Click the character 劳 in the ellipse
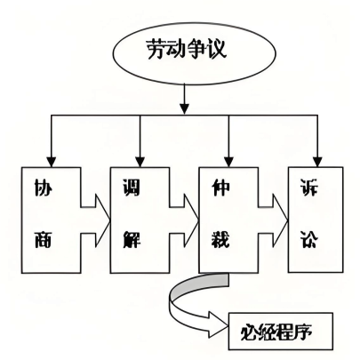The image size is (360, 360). point(156,49)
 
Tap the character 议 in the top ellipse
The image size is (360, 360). point(217,49)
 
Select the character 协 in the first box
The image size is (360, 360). point(43,188)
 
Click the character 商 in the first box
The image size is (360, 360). point(43,238)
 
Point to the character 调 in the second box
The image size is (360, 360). point(132,188)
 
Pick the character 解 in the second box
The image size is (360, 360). point(132,238)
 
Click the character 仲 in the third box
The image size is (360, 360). point(220,188)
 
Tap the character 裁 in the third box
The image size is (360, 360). point(220,238)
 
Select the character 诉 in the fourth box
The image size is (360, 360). point(309,188)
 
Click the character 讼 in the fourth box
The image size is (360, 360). point(309,238)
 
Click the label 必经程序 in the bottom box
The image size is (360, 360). point(276,332)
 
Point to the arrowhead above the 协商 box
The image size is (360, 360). point(52,162)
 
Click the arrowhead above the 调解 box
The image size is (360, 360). point(140,162)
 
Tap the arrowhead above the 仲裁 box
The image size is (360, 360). point(228,162)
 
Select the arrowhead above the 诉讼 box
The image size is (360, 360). point(317,162)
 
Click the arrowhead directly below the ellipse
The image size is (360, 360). point(185,108)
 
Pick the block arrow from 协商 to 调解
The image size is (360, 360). point(95,220)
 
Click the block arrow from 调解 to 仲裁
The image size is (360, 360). point(184,220)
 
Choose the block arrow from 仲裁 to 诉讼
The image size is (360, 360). point(273,220)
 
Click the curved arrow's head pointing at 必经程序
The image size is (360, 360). point(218,324)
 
